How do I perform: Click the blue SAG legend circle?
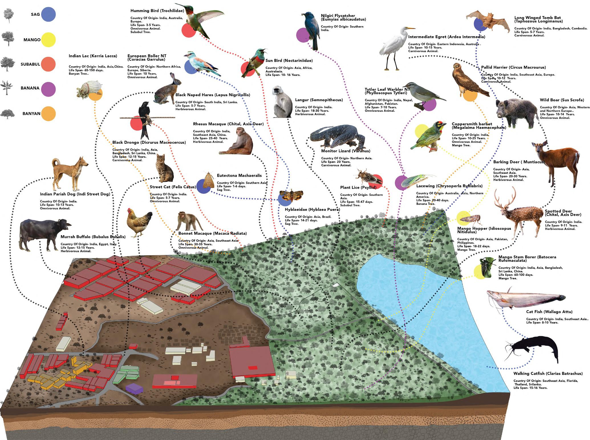[x=48, y=14]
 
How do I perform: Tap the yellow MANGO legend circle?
[x=48, y=40]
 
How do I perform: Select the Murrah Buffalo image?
[x=43, y=232]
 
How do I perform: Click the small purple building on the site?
[x=134, y=388]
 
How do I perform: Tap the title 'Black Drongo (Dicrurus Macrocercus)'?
[x=149, y=142]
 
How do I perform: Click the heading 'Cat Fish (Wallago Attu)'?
[x=545, y=312]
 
